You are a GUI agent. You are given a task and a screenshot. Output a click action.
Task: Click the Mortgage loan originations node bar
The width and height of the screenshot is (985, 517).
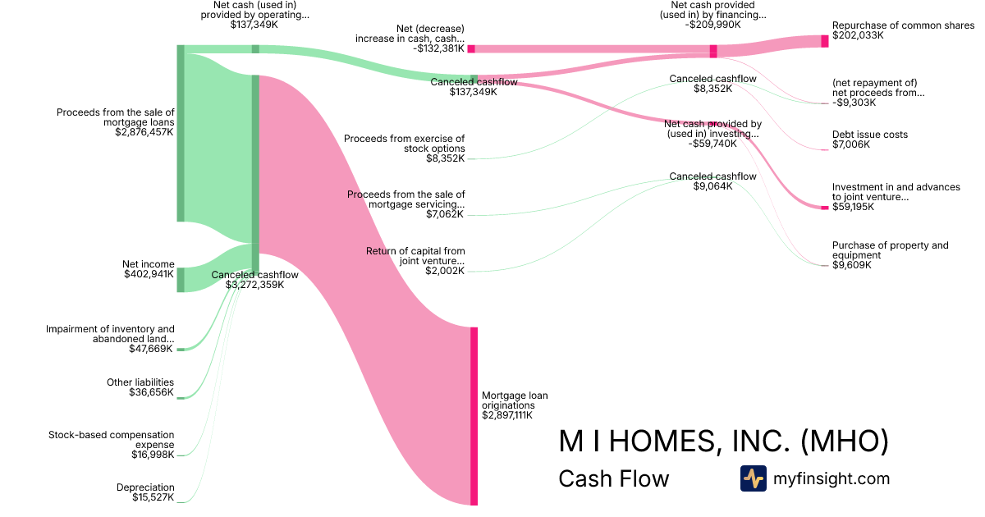coord(474,416)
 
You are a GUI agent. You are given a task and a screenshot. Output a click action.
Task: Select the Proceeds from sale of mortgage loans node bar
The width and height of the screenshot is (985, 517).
coord(181,133)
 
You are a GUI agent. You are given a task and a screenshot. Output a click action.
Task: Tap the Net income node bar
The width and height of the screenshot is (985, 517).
coord(181,280)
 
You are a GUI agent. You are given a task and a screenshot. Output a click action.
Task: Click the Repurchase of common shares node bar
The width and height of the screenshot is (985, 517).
coord(825,41)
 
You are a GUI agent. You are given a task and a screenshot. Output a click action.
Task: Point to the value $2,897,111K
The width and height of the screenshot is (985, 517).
coord(507,415)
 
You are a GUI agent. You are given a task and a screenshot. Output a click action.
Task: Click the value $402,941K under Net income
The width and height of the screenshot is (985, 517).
coord(148,274)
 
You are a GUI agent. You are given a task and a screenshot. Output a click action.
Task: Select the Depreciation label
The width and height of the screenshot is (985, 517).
coord(145,487)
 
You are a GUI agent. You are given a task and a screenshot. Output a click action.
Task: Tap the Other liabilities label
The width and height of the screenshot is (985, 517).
coord(140,382)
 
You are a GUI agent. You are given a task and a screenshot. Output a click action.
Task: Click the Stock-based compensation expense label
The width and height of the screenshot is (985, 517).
coord(112,439)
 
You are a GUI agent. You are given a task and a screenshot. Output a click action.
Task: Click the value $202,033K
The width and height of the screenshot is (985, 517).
coord(858,36)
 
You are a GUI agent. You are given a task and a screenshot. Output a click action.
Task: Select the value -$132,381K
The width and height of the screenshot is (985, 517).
coord(439,48)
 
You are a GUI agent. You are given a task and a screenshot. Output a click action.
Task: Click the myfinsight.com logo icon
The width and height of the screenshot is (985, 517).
coord(753,478)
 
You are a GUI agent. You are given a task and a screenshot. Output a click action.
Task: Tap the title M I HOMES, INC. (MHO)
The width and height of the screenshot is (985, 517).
coord(723,442)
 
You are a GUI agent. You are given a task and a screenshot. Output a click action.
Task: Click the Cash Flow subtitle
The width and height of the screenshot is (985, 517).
coord(613,478)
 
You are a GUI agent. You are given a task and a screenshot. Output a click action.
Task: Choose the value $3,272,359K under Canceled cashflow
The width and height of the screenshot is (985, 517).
coord(254,285)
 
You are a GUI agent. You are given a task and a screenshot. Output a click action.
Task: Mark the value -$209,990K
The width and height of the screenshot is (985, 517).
coord(712,25)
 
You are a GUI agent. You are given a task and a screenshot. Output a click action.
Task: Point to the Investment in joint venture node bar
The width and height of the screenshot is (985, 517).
coord(825,208)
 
